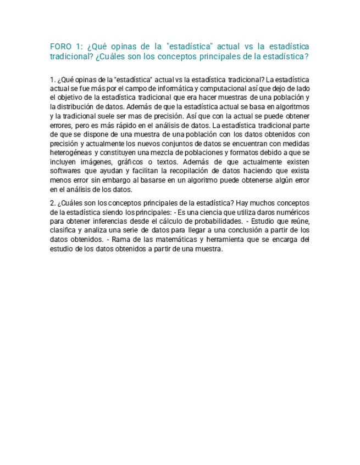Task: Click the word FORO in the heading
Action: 61,47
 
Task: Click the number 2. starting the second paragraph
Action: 52,202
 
